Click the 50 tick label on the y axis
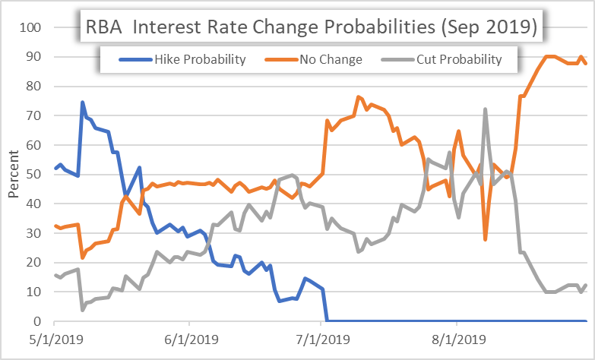(x=33, y=175)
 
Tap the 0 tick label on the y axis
(x=36, y=321)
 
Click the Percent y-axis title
(x=13, y=175)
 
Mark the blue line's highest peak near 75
(x=82, y=103)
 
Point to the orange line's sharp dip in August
(x=485, y=239)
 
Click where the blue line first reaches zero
(x=327, y=321)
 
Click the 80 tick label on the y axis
(x=33, y=87)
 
